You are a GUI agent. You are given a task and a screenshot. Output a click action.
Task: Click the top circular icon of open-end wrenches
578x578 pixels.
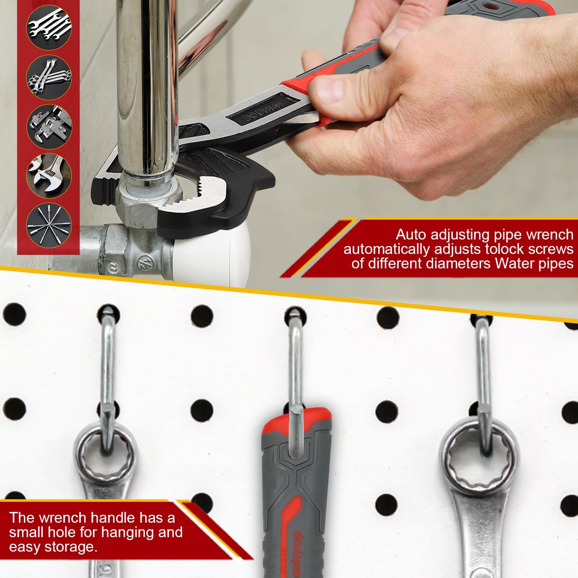tap(49, 27)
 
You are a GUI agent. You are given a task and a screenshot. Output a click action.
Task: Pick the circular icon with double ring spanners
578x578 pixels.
tap(49, 77)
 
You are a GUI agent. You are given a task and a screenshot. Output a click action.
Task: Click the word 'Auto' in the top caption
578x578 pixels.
tap(412, 234)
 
